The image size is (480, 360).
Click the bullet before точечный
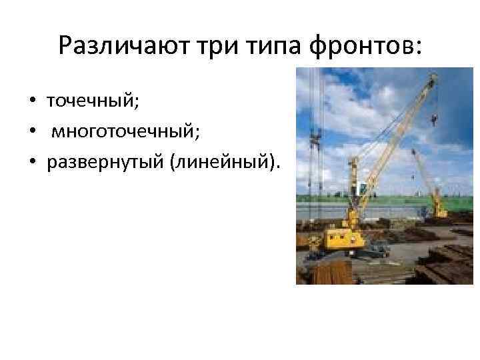coord(31,101)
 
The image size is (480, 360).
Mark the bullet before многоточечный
coord(31,132)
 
